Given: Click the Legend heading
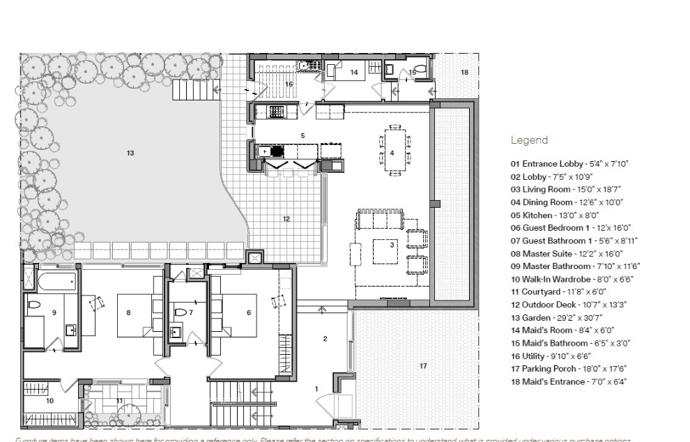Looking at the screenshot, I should [x=529, y=140].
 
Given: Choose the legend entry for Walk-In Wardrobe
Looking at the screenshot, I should [x=571, y=279].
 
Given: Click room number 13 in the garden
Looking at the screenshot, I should [x=130, y=153].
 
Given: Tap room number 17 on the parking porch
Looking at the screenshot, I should [x=423, y=366].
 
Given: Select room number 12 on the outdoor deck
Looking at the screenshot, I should [x=286, y=219].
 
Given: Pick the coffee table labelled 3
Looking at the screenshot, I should [x=392, y=245].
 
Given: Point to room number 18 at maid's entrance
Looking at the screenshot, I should [x=464, y=73].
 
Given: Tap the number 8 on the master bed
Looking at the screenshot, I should [x=128, y=313].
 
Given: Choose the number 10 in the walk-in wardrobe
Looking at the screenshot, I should [x=49, y=400].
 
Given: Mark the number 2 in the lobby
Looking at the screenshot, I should [x=325, y=339].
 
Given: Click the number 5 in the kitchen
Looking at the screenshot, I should [x=302, y=135].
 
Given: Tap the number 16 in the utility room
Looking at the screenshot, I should [x=289, y=84].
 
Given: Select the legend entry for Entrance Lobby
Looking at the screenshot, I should [x=569, y=164].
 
